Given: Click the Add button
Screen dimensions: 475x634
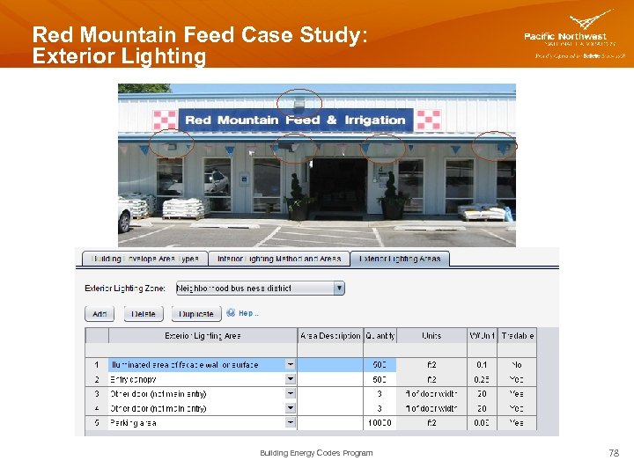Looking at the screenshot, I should [x=99, y=314].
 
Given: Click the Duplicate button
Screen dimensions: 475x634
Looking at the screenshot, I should [x=195, y=314].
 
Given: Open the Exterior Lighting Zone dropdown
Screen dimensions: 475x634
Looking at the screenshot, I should [x=339, y=288].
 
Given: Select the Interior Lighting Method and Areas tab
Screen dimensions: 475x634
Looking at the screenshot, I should [x=279, y=259].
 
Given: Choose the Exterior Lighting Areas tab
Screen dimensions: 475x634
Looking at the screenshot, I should [x=401, y=259].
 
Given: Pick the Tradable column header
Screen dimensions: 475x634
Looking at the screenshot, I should [x=516, y=336].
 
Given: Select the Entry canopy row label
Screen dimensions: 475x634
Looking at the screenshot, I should [x=134, y=379].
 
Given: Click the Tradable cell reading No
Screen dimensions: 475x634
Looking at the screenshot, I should [x=516, y=364].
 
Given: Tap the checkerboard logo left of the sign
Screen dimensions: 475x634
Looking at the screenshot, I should [x=165, y=120].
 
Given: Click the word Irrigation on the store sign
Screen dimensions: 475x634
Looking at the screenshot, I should [x=374, y=120].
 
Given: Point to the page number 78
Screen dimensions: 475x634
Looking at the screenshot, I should [x=614, y=453].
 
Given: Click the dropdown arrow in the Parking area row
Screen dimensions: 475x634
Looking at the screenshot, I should [x=291, y=423].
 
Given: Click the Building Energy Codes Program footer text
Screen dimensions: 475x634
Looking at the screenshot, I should [x=316, y=453].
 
